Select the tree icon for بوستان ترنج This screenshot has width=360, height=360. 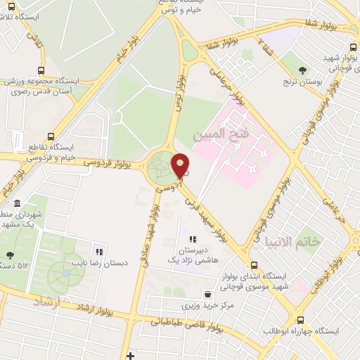303,70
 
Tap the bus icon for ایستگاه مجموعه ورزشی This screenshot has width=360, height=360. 41,70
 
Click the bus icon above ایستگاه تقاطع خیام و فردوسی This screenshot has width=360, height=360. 49,137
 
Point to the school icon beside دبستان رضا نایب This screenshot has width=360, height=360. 100,251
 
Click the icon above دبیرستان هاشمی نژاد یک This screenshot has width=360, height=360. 193,240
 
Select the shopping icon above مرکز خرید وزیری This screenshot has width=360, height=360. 207,295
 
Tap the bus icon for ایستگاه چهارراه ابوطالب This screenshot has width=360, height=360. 301,319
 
